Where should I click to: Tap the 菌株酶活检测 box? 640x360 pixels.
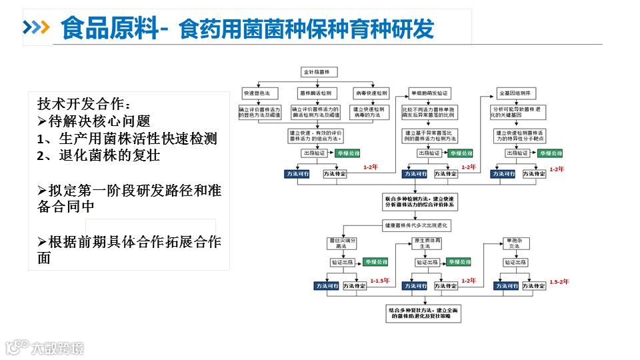click(x=316, y=93)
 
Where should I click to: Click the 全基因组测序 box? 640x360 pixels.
click(x=515, y=93)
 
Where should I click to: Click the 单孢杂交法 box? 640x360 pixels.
click(x=514, y=243)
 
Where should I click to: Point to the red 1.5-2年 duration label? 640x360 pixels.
click(x=559, y=281)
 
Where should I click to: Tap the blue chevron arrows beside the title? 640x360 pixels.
click(x=37, y=27)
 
